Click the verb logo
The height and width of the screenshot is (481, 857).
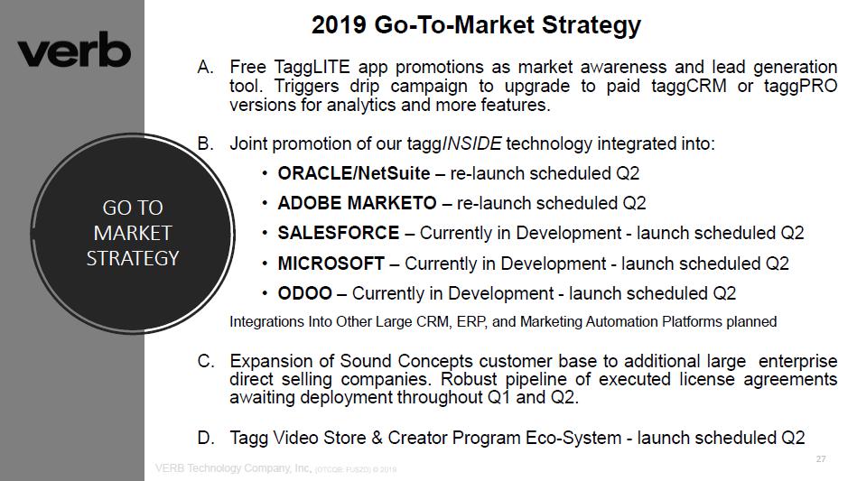pos(74,51)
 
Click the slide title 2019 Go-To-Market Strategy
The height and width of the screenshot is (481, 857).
pos(476,25)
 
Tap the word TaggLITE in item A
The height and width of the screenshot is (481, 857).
pos(312,67)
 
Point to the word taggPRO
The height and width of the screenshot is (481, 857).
pos(800,87)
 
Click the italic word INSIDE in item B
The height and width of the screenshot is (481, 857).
pos(471,143)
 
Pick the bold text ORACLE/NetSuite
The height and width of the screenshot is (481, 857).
pos(354,173)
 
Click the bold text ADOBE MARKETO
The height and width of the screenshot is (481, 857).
pos(357,203)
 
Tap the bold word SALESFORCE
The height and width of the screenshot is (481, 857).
pos(339,233)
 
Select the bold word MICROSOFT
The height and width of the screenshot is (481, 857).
pos(331,264)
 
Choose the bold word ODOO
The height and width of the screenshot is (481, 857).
pos(305,293)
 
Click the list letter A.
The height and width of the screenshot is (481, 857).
pos(205,67)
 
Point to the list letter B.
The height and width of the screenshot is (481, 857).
pos(205,143)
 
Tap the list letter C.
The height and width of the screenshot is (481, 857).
pos(206,362)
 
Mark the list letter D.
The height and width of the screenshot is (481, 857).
pos(206,438)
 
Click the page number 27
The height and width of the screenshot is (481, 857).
pos(820,459)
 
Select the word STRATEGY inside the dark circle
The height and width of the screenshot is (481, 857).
pos(133,258)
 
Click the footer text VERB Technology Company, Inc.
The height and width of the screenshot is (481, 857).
pos(233,467)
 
